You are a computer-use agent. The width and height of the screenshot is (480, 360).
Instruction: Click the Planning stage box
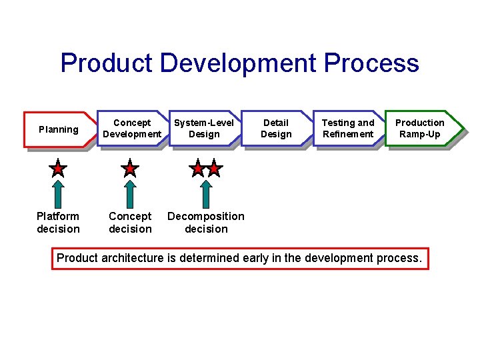58,129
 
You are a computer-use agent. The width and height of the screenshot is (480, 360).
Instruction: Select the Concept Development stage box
132,129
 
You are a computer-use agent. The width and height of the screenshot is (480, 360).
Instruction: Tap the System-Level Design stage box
204,129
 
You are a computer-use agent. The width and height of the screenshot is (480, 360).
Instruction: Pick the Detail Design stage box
276,129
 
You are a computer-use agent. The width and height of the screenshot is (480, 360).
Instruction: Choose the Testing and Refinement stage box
348,129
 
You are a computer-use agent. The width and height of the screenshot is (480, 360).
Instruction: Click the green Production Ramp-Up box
420,129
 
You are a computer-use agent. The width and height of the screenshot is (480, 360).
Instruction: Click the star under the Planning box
58,168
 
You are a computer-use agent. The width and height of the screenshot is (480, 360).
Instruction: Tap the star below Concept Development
130,168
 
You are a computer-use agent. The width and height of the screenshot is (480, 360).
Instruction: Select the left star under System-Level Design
197,168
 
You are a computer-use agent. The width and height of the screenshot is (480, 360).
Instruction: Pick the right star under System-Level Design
213,168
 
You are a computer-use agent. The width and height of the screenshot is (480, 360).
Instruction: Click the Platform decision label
58,223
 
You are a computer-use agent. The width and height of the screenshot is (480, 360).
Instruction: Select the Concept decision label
130,223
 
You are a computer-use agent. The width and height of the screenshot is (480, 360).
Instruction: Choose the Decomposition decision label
206,223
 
